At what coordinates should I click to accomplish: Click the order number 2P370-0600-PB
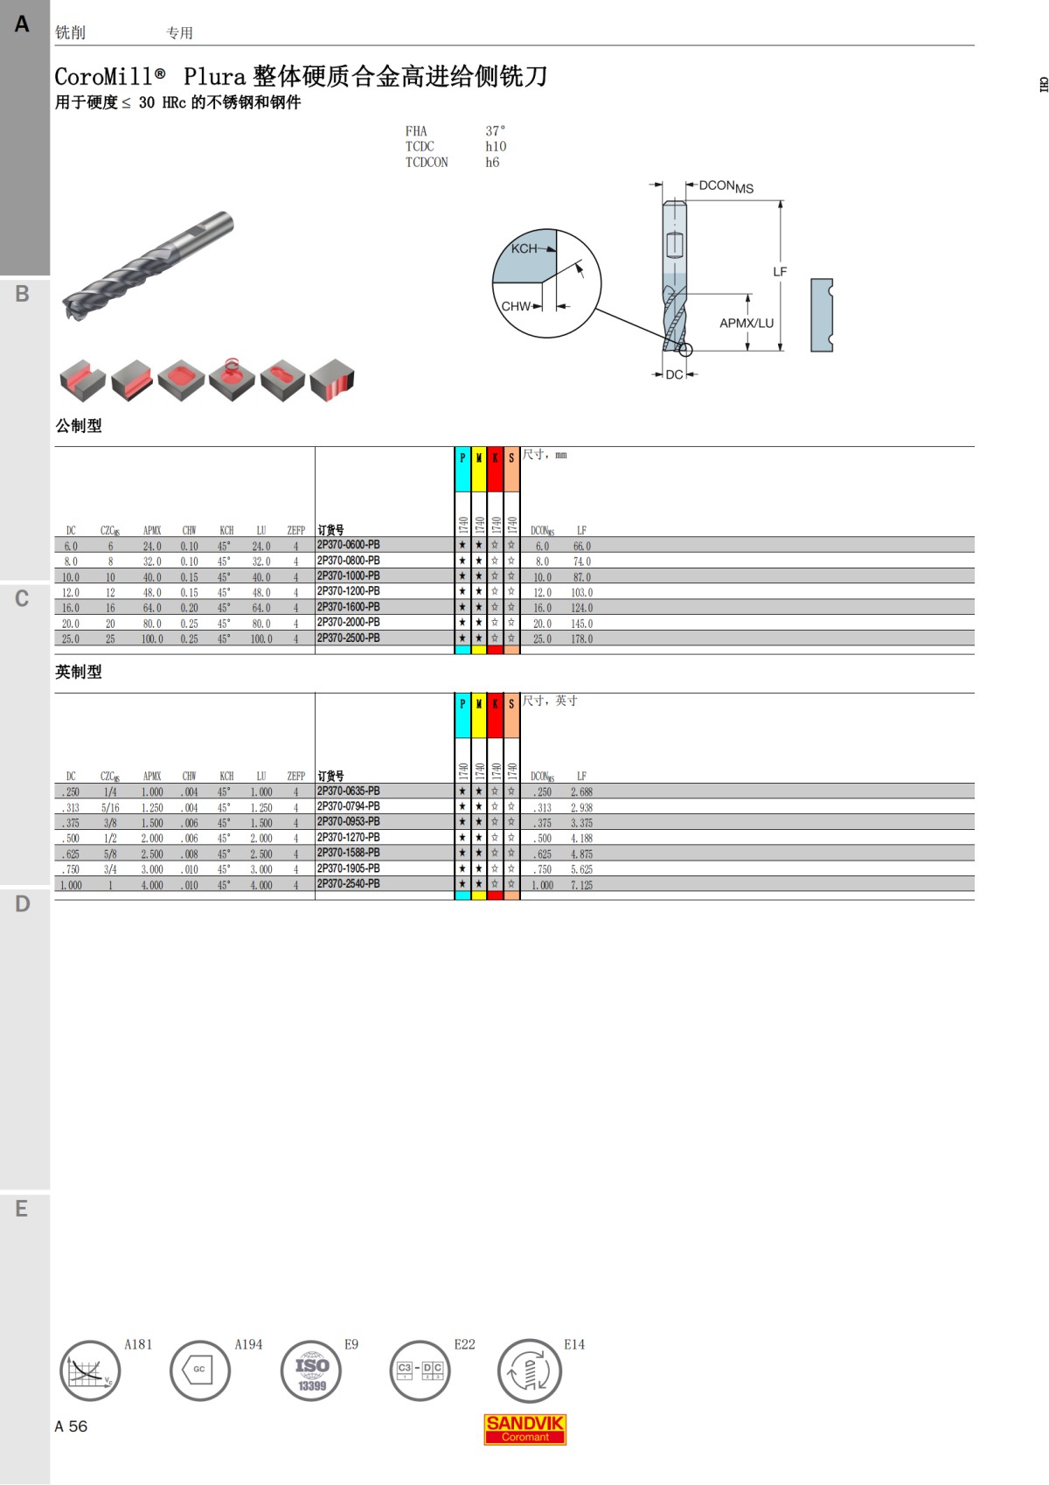[x=348, y=545]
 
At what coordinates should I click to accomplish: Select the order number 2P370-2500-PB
[x=348, y=638]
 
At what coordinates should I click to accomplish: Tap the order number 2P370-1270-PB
[x=348, y=837]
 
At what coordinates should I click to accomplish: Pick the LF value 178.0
[x=581, y=639]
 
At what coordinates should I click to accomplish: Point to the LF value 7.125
[x=581, y=885]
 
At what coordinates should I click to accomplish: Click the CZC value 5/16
[x=110, y=807]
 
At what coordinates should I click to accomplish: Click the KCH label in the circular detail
[x=524, y=248]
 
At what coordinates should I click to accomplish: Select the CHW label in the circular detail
[x=516, y=306]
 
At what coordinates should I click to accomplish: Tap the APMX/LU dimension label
[x=747, y=323]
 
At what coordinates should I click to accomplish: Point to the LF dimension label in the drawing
[x=779, y=272]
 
